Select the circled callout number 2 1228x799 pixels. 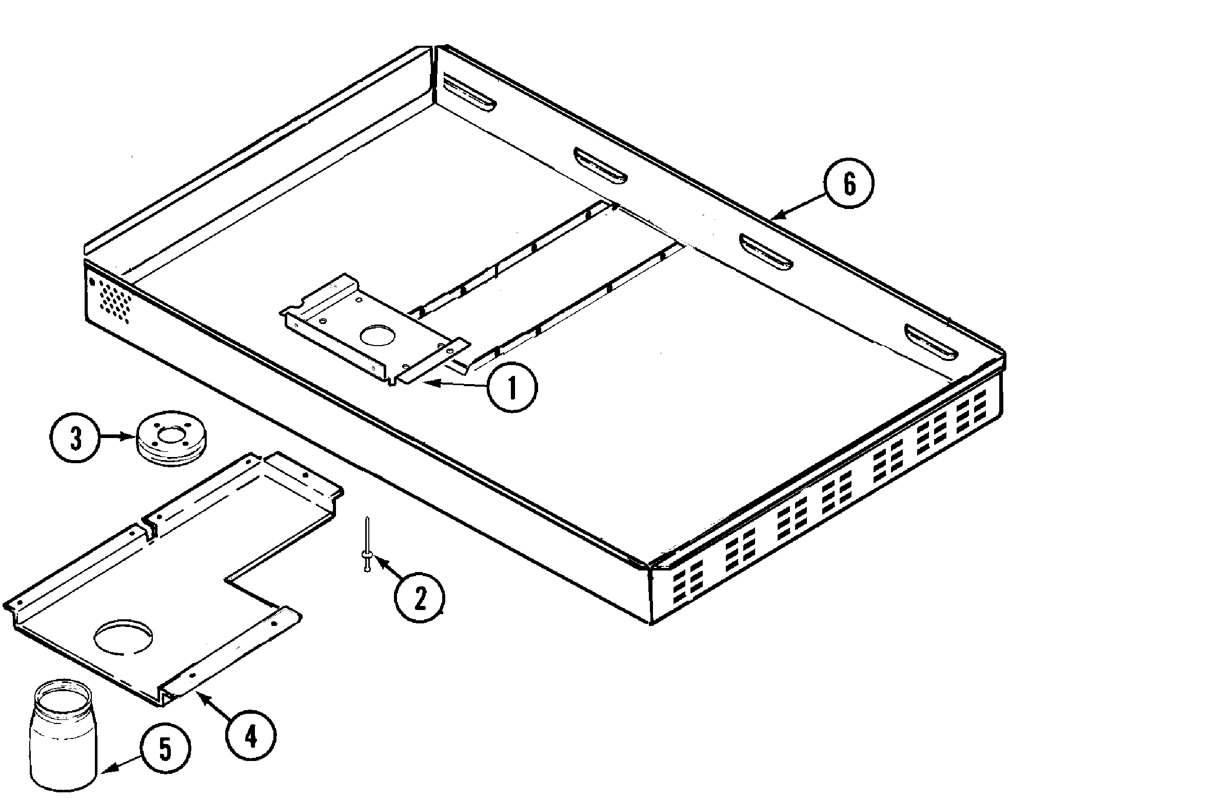click(419, 598)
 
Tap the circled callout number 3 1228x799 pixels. click(75, 440)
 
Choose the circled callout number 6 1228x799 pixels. click(849, 184)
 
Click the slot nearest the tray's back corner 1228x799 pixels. click(468, 92)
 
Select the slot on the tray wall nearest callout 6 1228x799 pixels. click(766, 251)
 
